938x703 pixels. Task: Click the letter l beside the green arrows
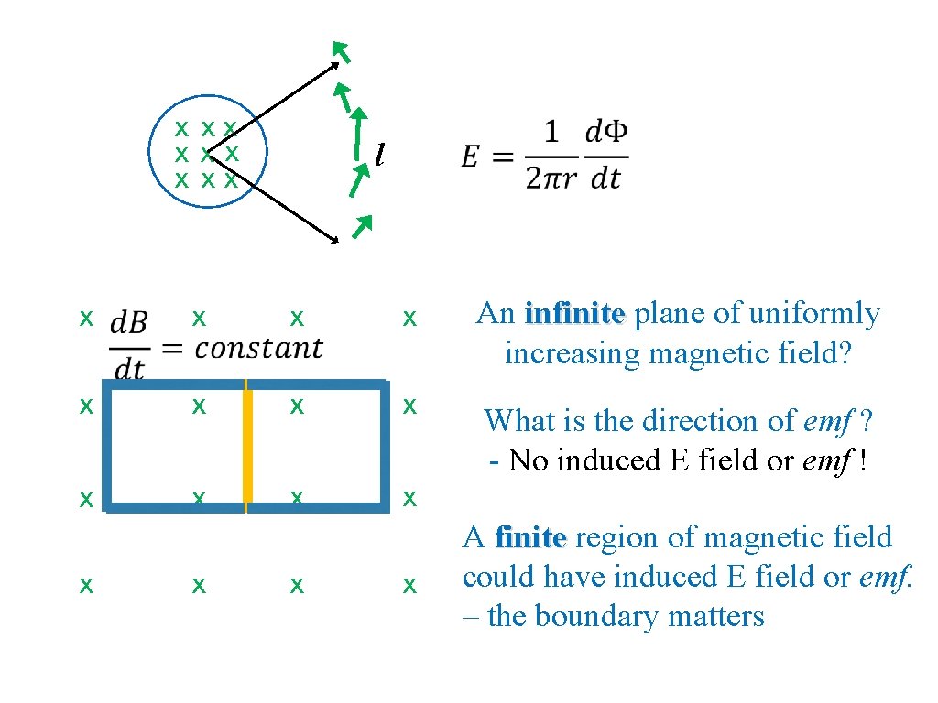[x=379, y=157]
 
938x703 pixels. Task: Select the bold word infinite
[x=574, y=314]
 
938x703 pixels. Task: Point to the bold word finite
[x=530, y=536]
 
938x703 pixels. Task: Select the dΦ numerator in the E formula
[x=605, y=134]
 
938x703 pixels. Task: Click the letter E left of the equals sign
[x=470, y=157]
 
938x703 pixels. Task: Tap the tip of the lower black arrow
[x=335, y=241]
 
